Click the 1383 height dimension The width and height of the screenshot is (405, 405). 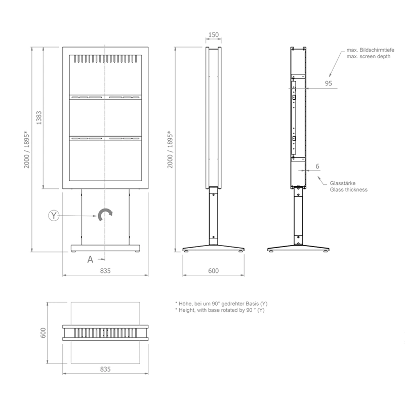pos(39,118)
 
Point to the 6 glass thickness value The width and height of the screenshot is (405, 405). pos(317,166)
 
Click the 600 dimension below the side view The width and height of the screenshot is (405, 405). pos(213,271)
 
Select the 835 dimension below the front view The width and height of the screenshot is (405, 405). pos(105,271)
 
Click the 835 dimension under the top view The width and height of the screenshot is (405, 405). pos(105,370)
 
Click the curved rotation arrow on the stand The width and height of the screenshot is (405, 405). pos(105,215)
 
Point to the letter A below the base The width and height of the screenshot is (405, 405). pos(90,259)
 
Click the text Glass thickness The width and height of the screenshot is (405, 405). pos(348,190)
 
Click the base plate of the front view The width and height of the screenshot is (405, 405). pos(105,248)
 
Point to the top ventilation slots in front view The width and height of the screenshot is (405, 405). pos(105,59)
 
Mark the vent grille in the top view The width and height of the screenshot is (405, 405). pos(105,333)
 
